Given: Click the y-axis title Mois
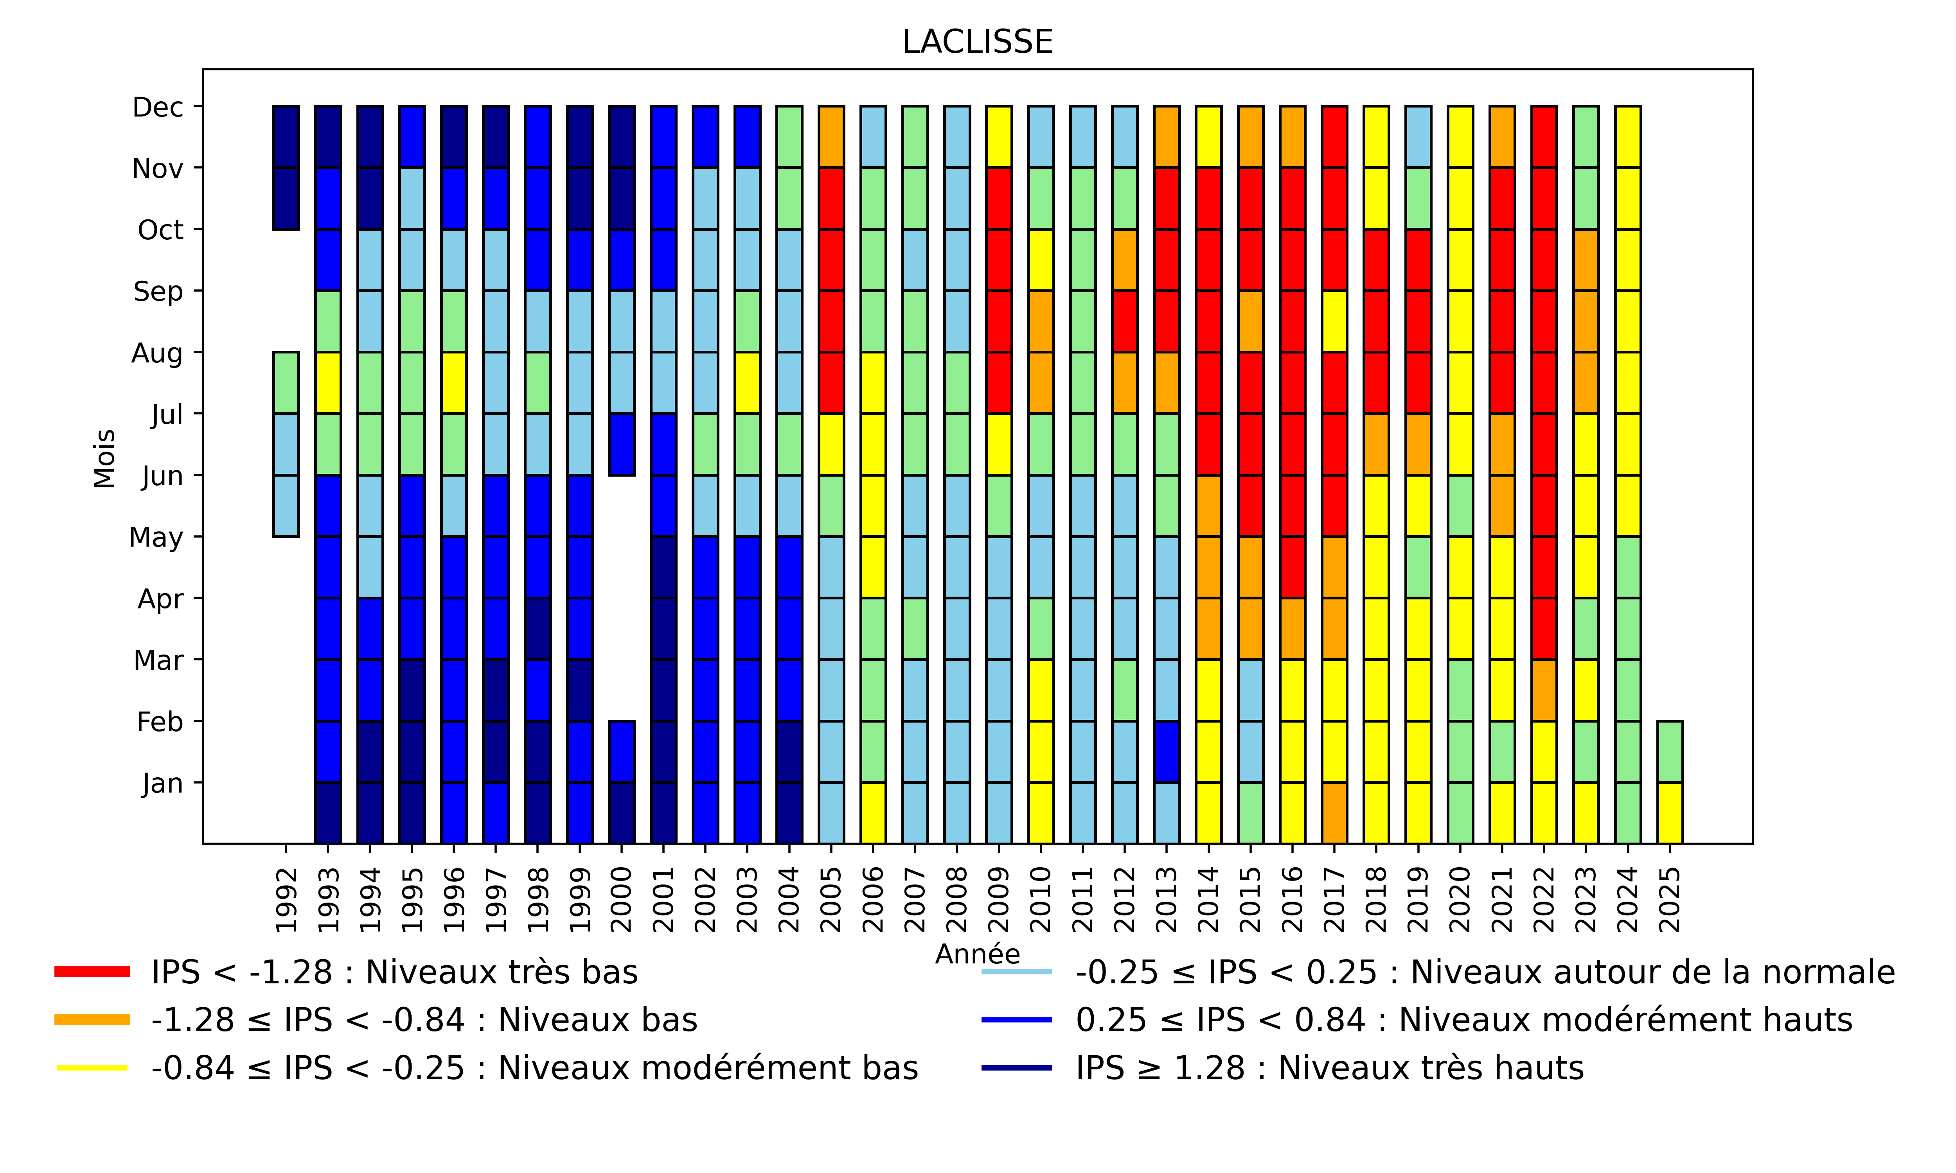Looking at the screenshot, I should [104, 459].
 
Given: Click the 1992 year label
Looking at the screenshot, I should [286, 900].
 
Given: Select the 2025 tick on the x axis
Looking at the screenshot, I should [1669, 900].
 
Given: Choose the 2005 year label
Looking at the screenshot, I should [831, 900].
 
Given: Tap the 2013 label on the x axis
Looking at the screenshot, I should [1166, 900].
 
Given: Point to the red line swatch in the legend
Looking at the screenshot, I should [92, 972].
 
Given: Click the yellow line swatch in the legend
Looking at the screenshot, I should [92, 1068].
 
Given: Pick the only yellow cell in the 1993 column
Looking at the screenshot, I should [328, 382].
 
